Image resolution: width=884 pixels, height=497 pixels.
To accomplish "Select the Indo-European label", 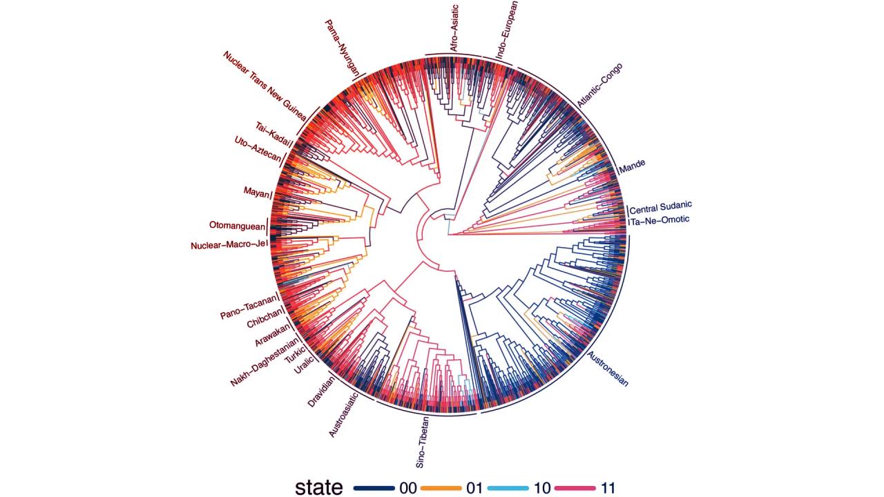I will pos(501,27).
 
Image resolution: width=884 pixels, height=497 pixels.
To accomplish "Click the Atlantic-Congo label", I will pos(600,85).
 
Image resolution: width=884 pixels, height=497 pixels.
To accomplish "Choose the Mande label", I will pos(633,166).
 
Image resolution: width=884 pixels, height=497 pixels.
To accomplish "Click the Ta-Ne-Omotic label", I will pos(660,220).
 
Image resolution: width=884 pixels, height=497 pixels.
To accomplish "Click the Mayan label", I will pos(256,191).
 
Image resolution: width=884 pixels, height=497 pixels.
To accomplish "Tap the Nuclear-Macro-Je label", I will pos(228,245).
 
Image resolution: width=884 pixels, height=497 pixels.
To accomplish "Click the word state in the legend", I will pos(318,487).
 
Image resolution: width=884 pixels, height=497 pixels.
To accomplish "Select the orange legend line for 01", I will pos(440,488).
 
